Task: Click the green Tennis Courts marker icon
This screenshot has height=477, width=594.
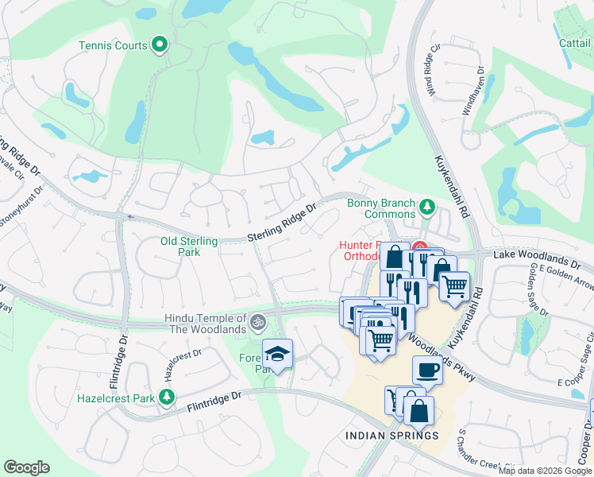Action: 161,45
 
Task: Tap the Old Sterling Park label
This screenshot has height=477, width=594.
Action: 189,246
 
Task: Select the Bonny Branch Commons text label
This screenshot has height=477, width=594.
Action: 381,208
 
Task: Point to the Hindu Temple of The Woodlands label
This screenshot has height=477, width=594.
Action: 205,324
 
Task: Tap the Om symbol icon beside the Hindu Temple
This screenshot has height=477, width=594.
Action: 256,323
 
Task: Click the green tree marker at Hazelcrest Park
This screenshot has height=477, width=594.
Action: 167,396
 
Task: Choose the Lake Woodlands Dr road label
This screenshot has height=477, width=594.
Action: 538,257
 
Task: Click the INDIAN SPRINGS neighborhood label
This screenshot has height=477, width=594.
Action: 392,436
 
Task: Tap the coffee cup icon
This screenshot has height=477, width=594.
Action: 427,370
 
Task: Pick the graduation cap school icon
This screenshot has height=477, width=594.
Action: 278,353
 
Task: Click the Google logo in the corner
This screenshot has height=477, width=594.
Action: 26,467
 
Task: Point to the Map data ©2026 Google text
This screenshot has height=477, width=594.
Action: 545,471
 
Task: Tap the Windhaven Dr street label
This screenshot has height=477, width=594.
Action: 473,94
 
